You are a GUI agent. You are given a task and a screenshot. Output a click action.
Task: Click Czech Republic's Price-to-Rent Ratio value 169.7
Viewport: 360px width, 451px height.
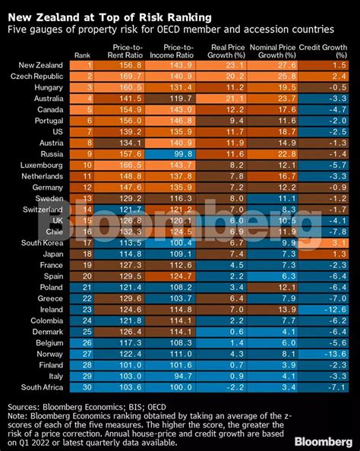point(125,77)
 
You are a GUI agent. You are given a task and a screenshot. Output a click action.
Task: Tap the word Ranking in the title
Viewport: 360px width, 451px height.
point(189,16)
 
